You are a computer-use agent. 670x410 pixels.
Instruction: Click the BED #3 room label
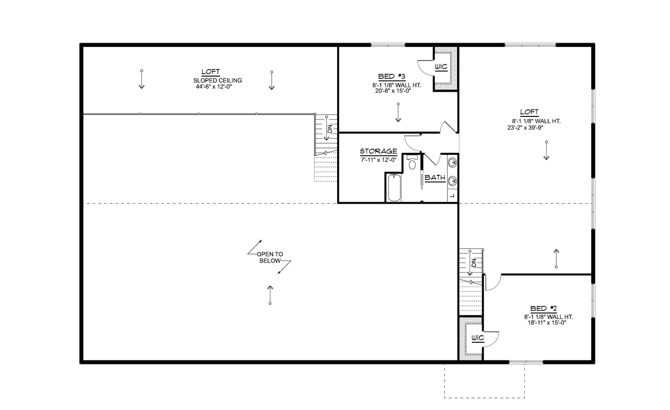pyautogui.click(x=392, y=76)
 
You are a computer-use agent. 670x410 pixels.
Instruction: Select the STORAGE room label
pyautogui.click(x=378, y=152)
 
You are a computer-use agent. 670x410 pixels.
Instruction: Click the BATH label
pyautogui.click(x=435, y=178)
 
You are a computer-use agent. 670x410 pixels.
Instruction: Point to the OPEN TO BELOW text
pyautogui.click(x=270, y=257)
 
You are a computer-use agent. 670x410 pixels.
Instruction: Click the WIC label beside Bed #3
pyautogui.click(x=440, y=67)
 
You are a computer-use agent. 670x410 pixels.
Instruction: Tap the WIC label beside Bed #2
pyautogui.click(x=477, y=338)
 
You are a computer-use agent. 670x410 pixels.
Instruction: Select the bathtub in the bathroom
pyautogui.click(x=394, y=187)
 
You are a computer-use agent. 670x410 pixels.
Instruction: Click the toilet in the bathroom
pyautogui.click(x=412, y=163)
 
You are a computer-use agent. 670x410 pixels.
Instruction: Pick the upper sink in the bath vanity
pyautogui.click(x=453, y=162)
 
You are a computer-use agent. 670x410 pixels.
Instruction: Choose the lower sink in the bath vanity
pyautogui.click(x=453, y=180)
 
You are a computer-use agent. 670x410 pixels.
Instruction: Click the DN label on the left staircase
pyautogui.click(x=330, y=128)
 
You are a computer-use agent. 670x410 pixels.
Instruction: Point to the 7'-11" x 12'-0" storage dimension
pyautogui.click(x=378, y=160)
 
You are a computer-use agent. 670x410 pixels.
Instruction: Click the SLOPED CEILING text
pyautogui.click(x=217, y=80)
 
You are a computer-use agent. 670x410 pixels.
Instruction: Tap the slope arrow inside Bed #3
pyautogui.click(x=398, y=113)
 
